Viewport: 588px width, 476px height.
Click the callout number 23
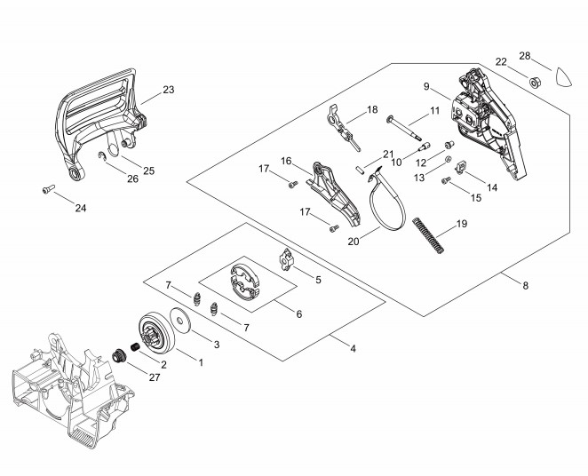point(169,90)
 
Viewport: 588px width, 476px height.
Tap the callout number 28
point(525,56)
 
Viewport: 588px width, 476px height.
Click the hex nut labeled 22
point(537,83)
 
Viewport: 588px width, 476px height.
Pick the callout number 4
point(353,348)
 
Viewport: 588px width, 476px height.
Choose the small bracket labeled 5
point(284,258)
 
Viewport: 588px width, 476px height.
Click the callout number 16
point(287,161)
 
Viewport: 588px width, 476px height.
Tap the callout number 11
point(435,110)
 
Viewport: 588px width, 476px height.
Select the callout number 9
point(426,86)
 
